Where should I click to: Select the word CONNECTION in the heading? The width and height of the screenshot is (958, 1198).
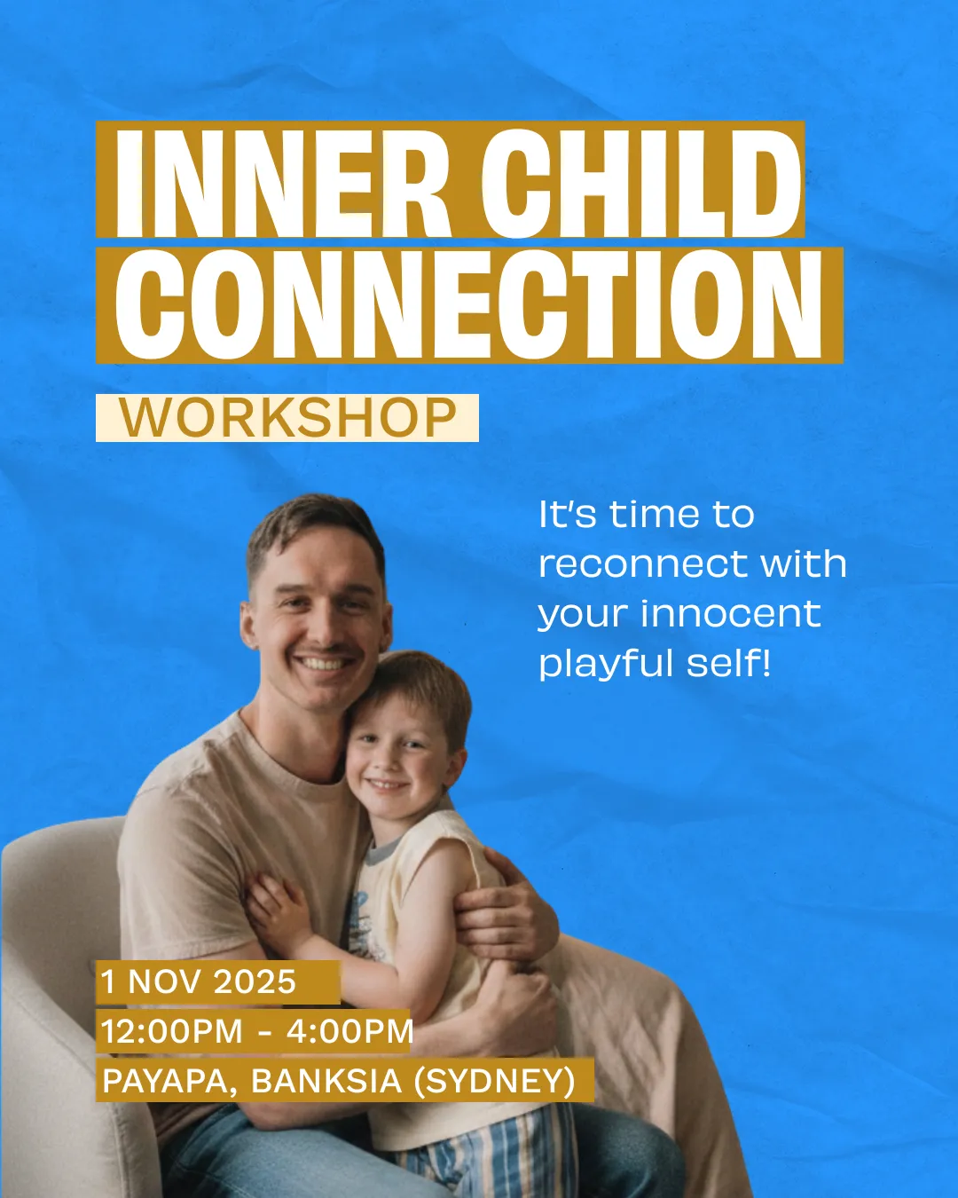[x=468, y=304]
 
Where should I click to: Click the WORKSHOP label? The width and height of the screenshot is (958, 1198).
[x=287, y=417]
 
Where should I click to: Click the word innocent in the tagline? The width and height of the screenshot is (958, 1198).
[x=730, y=613]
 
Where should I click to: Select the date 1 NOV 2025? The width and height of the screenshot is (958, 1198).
[x=198, y=981]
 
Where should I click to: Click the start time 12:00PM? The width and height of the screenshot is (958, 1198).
[x=172, y=1031]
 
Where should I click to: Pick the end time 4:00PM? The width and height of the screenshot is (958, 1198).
[x=349, y=1031]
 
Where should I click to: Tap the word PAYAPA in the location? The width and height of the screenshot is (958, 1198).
[x=166, y=1082]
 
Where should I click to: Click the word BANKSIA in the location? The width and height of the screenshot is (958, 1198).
[x=326, y=1081]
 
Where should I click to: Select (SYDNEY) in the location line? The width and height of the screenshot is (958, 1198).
[x=494, y=1082]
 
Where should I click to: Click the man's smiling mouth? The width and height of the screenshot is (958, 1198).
[x=325, y=663]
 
